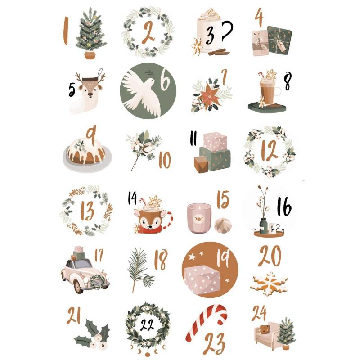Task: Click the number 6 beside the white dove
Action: [165, 83]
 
